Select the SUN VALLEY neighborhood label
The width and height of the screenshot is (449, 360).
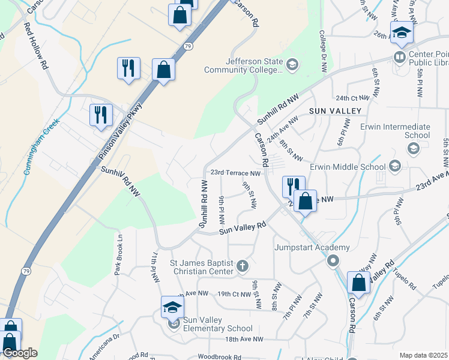tap(336, 111)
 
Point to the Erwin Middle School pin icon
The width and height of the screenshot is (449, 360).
tap(395, 166)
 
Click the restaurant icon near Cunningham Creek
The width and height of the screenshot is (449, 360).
tap(100, 114)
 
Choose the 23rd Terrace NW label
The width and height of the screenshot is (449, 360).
tap(234, 173)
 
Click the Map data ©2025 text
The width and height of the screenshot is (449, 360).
tap(423, 355)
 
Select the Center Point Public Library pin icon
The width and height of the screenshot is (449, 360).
tap(399, 57)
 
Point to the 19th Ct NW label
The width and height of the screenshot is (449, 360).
tap(233, 294)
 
